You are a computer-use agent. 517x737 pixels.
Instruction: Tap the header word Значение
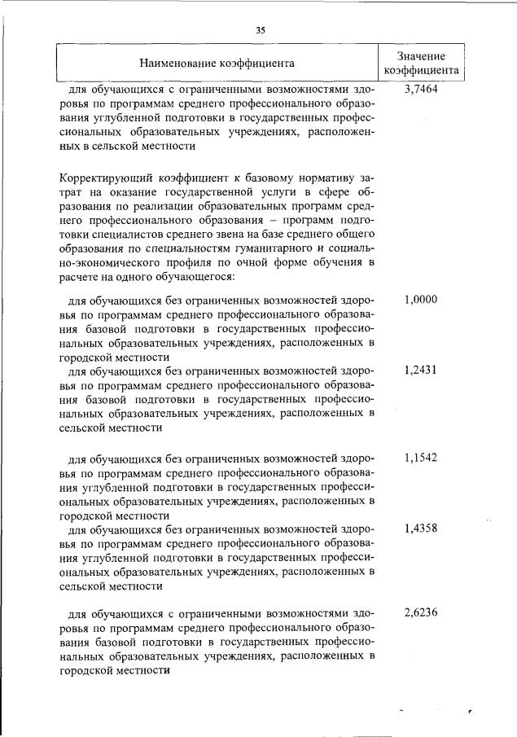[x=421, y=55]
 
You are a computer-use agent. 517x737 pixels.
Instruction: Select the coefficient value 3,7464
[x=421, y=90]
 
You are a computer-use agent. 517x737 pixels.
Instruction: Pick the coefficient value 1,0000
[x=421, y=300]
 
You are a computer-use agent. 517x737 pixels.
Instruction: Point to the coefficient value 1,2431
[x=421, y=370]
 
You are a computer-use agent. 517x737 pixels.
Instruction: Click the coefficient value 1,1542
[x=421, y=458]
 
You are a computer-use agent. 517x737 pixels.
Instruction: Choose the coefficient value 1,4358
[x=421, y=528]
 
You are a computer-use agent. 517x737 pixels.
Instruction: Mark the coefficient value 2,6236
[x=421, y=613]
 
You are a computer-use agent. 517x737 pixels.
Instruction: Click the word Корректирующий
[x=103, y=178]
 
